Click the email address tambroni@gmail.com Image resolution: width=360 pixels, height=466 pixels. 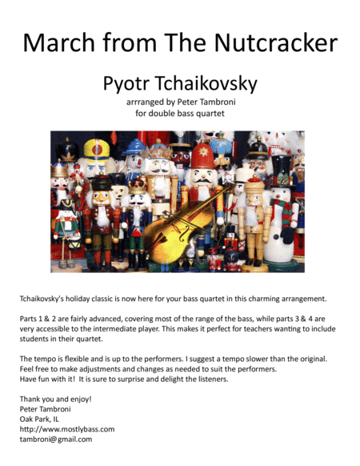pyautogui.click(x=56, y=439)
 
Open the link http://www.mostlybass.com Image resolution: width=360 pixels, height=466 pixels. pyautogui.click(x=67, y=428)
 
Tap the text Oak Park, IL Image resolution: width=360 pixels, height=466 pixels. pyautogui.click(x=45, y=418)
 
